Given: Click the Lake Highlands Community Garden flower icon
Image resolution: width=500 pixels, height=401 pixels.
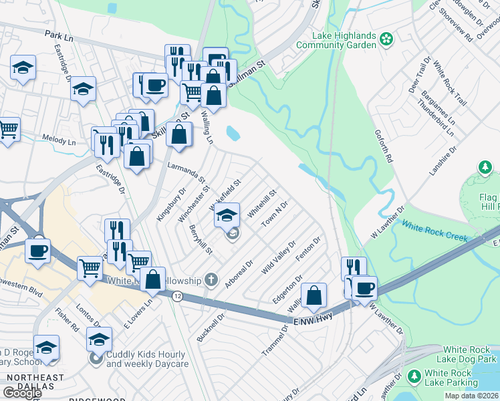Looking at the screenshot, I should [386, 40].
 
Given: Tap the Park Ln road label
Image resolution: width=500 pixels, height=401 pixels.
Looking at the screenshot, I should [59, 33].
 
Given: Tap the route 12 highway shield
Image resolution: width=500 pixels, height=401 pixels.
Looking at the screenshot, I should [176, 296].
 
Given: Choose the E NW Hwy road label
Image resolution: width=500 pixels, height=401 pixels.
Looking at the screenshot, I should [314, 321].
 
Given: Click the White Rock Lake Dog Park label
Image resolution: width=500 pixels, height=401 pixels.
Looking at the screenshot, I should [471, 355].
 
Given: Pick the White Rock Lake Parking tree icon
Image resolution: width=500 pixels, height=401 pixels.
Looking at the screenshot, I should [414, 378].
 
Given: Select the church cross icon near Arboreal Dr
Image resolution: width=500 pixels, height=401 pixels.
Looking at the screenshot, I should [211, 279].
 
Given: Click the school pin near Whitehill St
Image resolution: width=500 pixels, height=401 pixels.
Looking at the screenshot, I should [227, 215].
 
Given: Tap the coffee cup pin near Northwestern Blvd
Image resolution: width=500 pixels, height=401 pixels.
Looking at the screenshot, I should [37, 251].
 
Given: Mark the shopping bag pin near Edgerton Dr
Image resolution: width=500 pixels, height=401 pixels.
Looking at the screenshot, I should [314, 295].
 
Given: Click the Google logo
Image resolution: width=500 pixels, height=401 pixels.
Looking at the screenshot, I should [21, 392].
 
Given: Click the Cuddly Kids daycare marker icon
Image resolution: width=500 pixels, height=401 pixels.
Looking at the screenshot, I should [96, 359].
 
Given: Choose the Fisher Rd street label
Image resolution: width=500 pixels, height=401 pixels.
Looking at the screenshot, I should [68, 320].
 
